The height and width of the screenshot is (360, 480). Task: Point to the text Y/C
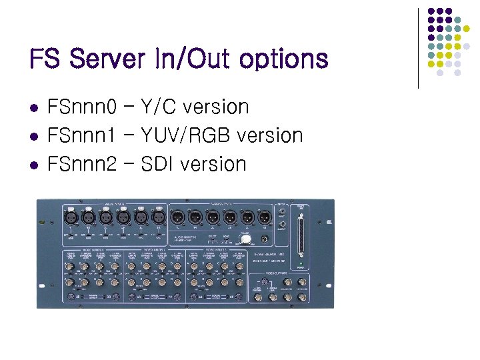[x=158, y=107]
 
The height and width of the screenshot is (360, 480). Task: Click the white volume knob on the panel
[x=245, y=240]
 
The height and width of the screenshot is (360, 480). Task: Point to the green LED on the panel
[x=301, y=266]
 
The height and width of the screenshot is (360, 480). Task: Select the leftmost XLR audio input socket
[x=69, y=217]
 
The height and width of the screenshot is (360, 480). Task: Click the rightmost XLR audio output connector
[x=264, y=217]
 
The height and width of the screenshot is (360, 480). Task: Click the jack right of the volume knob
[x=266, y=240]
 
